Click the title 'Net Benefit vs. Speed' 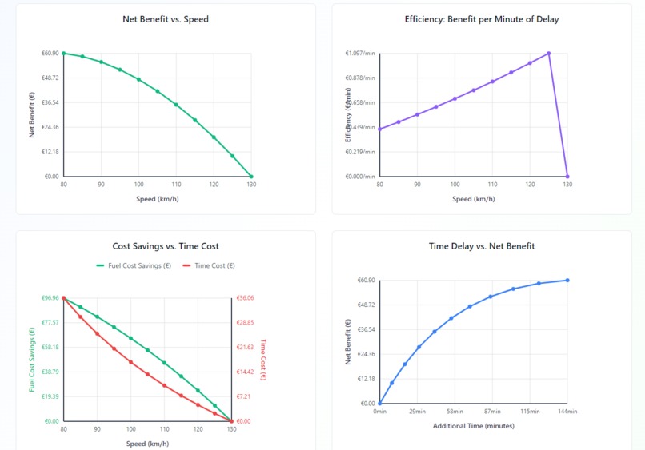tap(166, 19)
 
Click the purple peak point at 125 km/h tap(549, 53)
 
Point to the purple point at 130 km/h tap(567, 177)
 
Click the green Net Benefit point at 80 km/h tap(63, 53)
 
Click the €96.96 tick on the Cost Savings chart tap(50, 298)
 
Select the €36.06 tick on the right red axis tap(244, 298)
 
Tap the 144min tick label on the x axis tap(567, 412)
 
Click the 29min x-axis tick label tap(417, 412)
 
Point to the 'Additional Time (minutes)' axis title tap(473, 426)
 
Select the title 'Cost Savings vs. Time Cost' tap(166, 246)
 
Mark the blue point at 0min tap(379, 404)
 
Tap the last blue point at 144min tap(567, 280)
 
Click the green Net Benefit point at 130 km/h tap(251, 176)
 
